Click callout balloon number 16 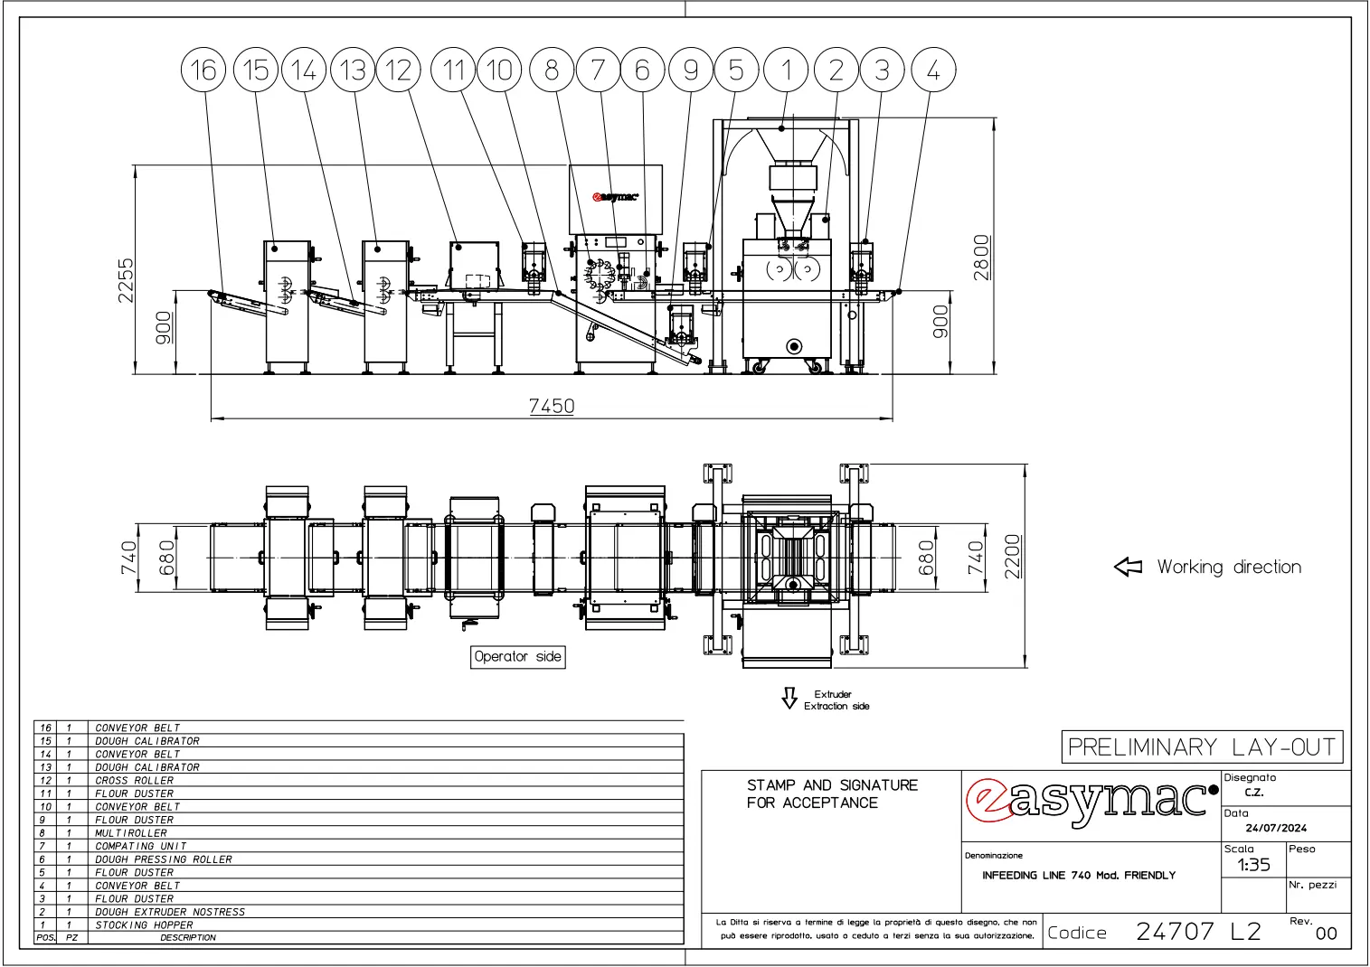pyautogui.click(x=203, y=70)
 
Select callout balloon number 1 pyautogui.click(x=786, y=70)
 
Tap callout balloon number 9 pyautogui.click(x=691, y=70)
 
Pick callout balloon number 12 pyautogui.click(x=398, y=70)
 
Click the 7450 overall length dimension pyautogui.click(x=552, y=406)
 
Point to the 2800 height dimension pyautogui.click(x=981, y=258)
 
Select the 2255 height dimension pyautogui.click(x=126, y=280)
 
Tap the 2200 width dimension pyautogui.click(x=1013, y=556)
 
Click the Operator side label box pyautogui.click(x=517, y=657)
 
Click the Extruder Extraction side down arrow pyautogui.click(x=789, y=698)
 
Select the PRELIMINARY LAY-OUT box pyautogui.click(x=1202, y=747)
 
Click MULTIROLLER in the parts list pyautogui.click(x=131, y=833)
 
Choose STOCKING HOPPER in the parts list pyautogui.click(x=144, y=925)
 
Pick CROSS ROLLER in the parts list pyautogui.click(x=134, y=781)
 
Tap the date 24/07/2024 pyautogui.click(x=1276, y=828)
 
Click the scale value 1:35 pyautogui.click(x=1253, y=865)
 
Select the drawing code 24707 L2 pyautogui.click(x=1198, y=932)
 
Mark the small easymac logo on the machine pyautogui.click(x=615, y=197)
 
